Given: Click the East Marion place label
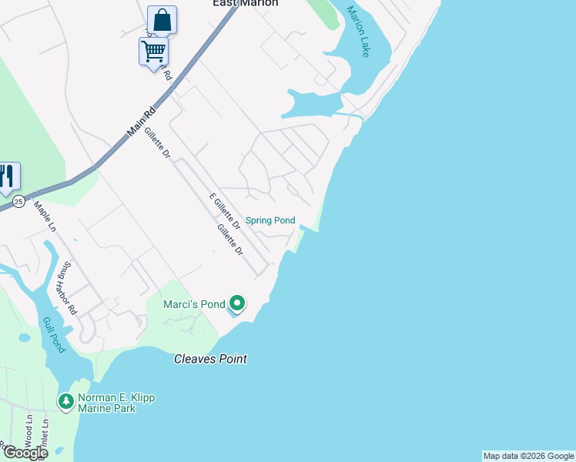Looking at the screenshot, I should click(245, 4).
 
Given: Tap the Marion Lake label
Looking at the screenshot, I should click(359, 32).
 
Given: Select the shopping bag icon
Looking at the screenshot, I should click(162, 20).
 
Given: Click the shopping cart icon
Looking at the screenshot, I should click(153, 52).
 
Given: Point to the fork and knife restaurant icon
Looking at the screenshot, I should click(7, 176).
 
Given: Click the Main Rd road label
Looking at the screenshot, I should click(141, 122).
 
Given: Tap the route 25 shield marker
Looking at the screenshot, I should click(18, 202).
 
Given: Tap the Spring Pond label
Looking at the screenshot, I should click(270, 220).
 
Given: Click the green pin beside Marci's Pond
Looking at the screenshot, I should click(237, 304).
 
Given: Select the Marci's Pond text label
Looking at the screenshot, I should click(194, 304).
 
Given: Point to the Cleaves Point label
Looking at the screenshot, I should click(210, 359).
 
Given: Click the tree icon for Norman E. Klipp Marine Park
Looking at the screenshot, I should click(66, 401).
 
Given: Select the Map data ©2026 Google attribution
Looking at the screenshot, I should click(528, 456).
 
